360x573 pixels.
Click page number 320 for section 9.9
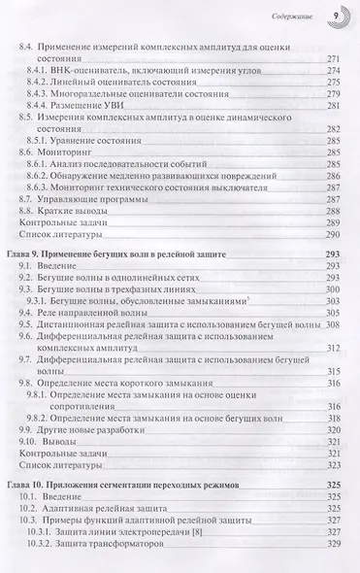[x=336, y=428]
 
